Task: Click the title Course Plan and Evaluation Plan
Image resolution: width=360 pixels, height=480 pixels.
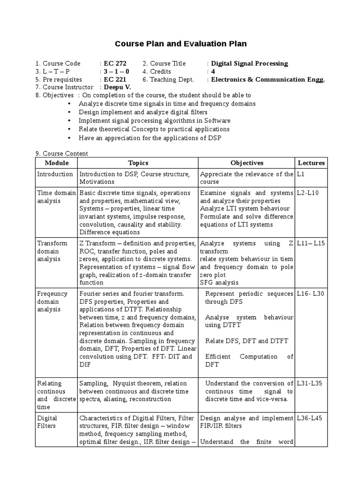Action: [x=180, y=44]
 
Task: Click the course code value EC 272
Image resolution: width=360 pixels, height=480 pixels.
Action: [x=115, y=63]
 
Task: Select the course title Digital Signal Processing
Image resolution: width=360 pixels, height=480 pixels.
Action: [x=249, y=63]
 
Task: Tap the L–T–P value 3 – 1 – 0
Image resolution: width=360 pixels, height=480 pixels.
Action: [x=116, y=71]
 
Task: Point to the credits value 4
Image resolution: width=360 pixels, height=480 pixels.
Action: [x=213, y=71]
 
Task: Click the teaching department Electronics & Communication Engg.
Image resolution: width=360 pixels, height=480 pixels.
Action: [x=268, y=79]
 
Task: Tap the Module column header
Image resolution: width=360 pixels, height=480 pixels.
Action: [x=56, y=163]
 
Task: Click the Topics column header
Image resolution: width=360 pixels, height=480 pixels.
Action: [x=138, y=163]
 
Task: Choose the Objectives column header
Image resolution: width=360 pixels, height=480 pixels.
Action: [x=247, y=163]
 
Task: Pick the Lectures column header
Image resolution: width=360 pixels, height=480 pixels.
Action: [x=311, y=163]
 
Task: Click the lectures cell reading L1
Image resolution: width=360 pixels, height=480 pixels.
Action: [x=300, y=174]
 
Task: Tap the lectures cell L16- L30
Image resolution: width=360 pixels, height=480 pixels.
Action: [x=309, y=293]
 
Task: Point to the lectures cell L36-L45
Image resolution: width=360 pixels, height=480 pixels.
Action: [x=309, y=418]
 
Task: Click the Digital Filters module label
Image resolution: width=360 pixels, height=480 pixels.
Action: [x=47, y=422]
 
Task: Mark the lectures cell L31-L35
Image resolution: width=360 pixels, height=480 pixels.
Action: [x=309, y=383]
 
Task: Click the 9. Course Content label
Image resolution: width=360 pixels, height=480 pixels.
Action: [x=61, y=153]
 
